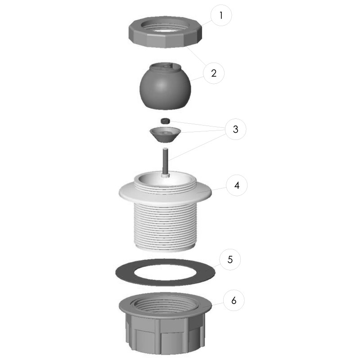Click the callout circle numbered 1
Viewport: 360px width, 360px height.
pos(221,15)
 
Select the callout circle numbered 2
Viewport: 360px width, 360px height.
pos(214,73)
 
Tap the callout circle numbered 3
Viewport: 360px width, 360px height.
pos(235,129)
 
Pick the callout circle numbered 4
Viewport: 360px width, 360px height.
pos(237,185)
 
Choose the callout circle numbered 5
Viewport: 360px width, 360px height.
pos(230,260)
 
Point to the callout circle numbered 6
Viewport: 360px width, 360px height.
pos(234,300)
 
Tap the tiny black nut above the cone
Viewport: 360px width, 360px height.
pos(165,121)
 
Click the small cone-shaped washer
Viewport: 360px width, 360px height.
pos(165,134)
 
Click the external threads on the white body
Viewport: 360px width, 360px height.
pos(165,225)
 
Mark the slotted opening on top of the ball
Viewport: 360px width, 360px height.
pos(165,67)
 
